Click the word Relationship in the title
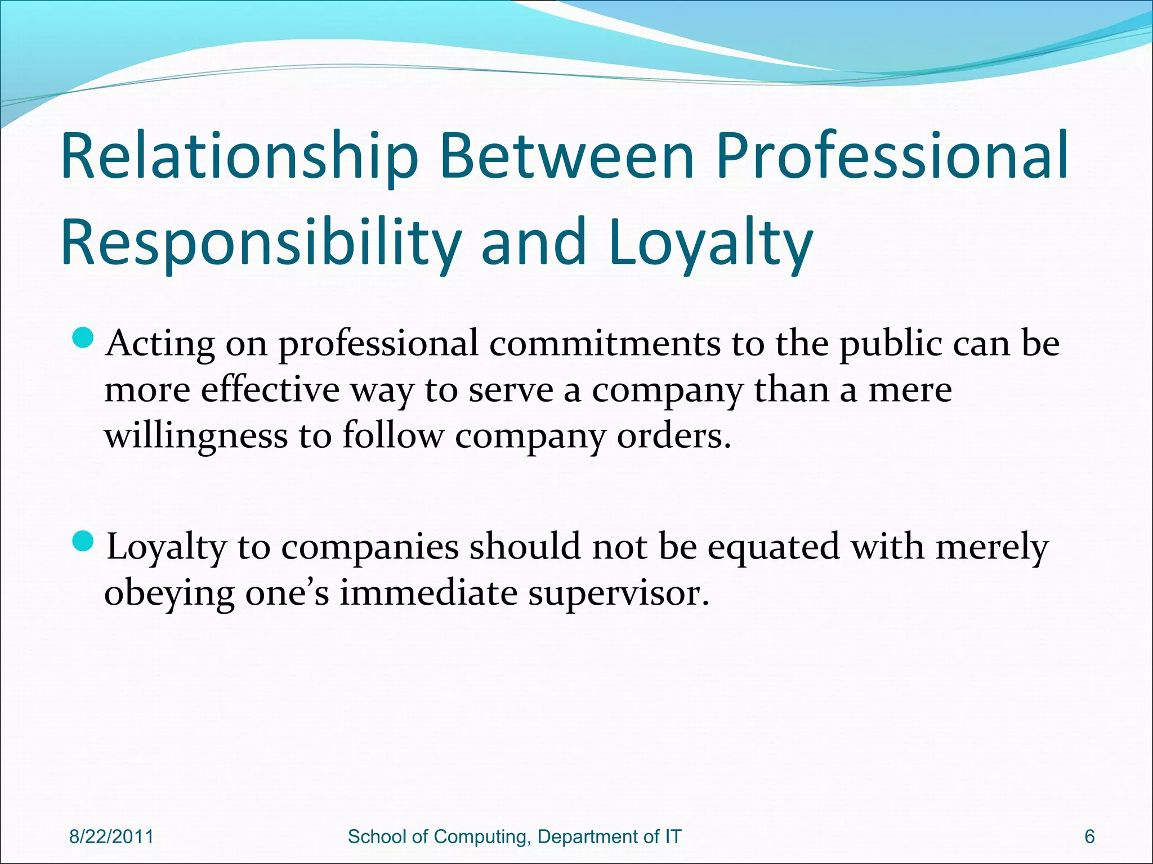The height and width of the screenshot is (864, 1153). [x=239, y=156]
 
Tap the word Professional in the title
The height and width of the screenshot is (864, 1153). [x=892, y=156]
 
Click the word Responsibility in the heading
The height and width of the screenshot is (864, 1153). [x=260, y=243]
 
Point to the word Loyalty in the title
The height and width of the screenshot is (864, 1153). [x=710, y=243]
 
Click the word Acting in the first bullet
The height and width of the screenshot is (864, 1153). [x=160, y=343]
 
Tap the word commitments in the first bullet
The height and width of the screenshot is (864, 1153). [x=604, y=343]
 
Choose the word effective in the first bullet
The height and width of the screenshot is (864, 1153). [x=270, y=389]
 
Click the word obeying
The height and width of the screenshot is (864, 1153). [x=169, y=593]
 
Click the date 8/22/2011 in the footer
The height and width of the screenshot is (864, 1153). [x=111, y=836]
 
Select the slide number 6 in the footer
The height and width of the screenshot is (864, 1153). [x=1089, y=836]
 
